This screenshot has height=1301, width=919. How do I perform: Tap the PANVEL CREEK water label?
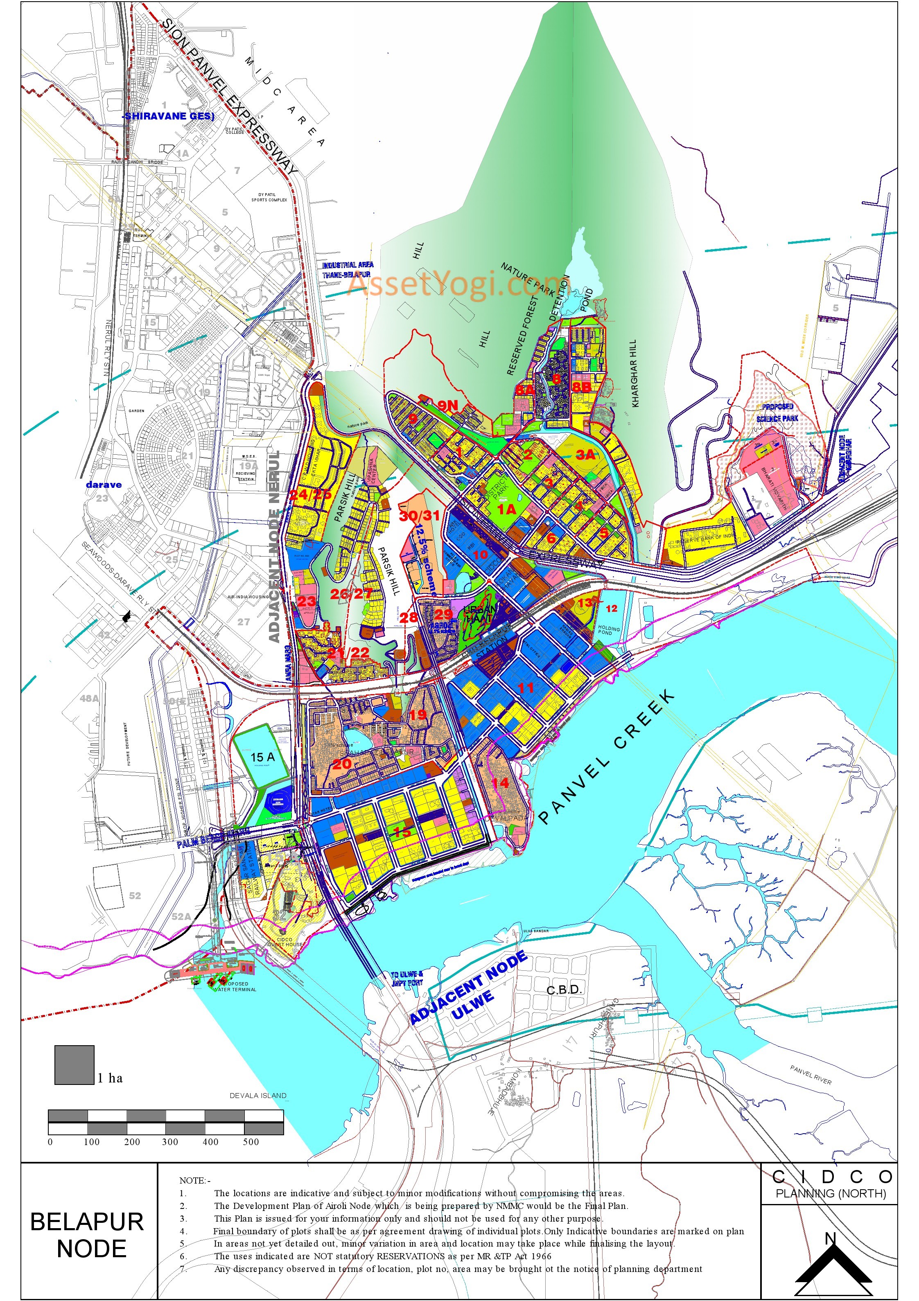(x=607, y=756)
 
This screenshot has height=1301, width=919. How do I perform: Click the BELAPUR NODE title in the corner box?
(x=88, y=1235)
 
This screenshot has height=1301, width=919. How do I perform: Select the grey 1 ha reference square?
(x=74, y=1065)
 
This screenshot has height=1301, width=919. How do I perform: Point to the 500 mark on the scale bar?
(x=251, y=1142)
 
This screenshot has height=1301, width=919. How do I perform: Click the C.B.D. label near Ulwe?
(x=564, y=989)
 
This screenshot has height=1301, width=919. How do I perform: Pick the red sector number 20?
(x=342, y=764)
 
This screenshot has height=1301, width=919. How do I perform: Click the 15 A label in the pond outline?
(x=262, y=757)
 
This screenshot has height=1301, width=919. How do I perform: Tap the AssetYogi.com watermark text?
(x=454, y=283)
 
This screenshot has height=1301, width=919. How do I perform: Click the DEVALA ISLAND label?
(x=258, y=1095)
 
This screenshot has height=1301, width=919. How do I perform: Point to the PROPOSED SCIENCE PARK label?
(x=777, y=412)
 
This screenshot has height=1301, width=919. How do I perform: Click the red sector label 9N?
(x=447, y=405)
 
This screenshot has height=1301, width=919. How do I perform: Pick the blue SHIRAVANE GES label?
(x=169, y=116)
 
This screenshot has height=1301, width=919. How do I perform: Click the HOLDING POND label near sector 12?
(x=609, y=630)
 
